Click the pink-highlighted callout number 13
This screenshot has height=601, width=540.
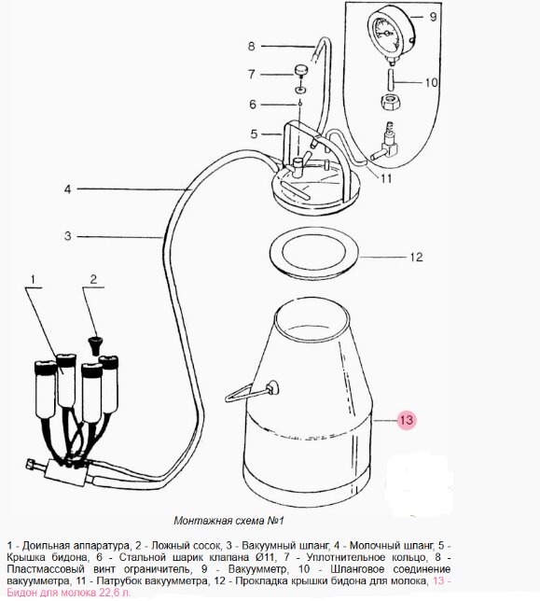click(x=406, y=420)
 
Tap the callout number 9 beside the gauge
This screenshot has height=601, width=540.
click(x=433, y=17)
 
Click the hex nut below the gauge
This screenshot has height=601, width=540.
click(x=390, y=102)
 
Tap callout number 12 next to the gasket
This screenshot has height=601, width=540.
click(x=416, y=257)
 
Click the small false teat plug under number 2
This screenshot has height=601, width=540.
click(x=94, y=345)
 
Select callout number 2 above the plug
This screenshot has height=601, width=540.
click(x=94, y=279)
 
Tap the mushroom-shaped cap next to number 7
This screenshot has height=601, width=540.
click(x=302, y=71)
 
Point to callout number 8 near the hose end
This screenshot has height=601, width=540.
click(x=251, y=47)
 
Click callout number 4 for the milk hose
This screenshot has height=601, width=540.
click(x=68, y=189)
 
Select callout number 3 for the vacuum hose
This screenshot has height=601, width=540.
click(x=68, y=236)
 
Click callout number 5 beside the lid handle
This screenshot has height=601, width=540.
click(x=255, y=134)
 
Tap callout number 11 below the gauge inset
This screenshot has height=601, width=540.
click(x=386, y=178)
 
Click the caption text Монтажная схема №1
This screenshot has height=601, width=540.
click(x=228, y=521)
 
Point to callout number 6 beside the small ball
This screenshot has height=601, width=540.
click(x=253, y=105)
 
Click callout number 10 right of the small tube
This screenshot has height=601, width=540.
click(x=431, y=82)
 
